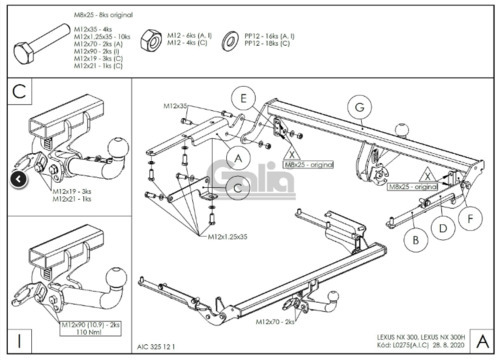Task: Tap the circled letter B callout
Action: click(412, 238)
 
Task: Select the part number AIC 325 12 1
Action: click(155, 345)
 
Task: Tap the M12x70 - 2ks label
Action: click(277, 323)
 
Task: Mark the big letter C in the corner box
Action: click(19, 92)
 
